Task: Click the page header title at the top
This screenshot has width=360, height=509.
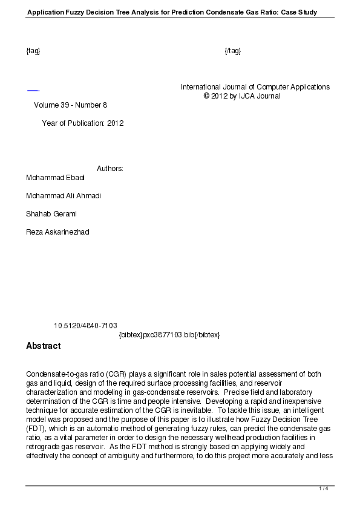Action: point(172,12)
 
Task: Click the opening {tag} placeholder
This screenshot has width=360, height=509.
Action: point(33,50)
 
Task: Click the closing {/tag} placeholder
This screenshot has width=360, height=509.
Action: point(233,50)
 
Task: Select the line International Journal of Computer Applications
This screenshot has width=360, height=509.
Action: point(255,87)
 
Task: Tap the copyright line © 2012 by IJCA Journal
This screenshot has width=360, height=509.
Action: point(242,96)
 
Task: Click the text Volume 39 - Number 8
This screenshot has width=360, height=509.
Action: point(70,105)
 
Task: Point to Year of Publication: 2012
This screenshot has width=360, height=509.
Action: point(82,123)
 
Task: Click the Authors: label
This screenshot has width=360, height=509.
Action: point(110,169)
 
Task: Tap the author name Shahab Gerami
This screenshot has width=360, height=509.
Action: point(51,214)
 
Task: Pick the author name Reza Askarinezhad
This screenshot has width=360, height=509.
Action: point(57,232)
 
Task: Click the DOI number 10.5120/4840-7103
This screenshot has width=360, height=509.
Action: point(85,326)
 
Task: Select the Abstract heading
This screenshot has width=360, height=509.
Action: point(44,346)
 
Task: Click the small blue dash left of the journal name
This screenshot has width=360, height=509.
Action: point(33,91)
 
